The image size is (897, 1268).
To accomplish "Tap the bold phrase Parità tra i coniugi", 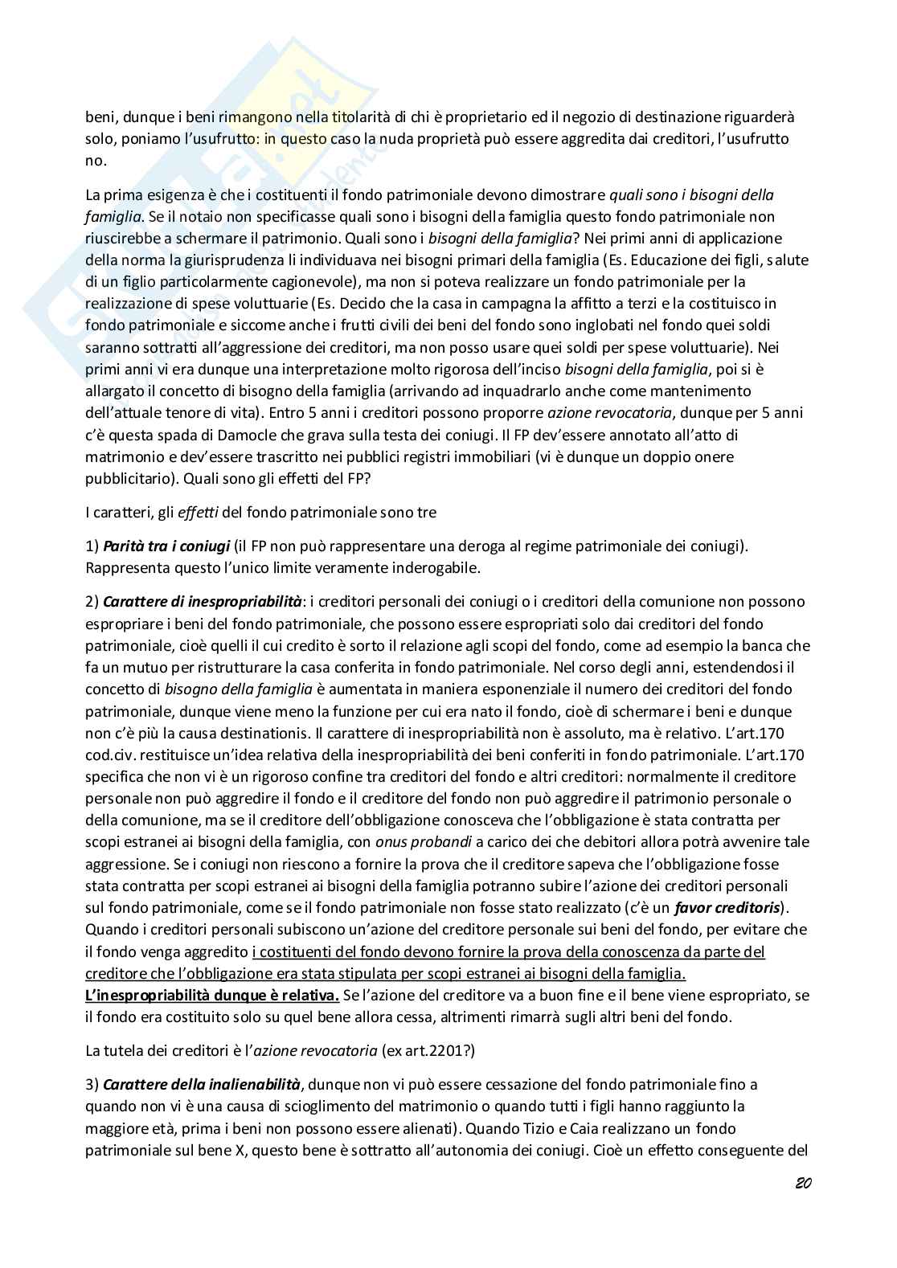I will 166,546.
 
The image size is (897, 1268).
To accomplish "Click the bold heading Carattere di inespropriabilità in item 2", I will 203,602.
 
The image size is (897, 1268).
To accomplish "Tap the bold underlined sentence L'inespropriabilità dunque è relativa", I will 212,996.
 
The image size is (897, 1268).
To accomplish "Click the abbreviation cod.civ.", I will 110,755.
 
